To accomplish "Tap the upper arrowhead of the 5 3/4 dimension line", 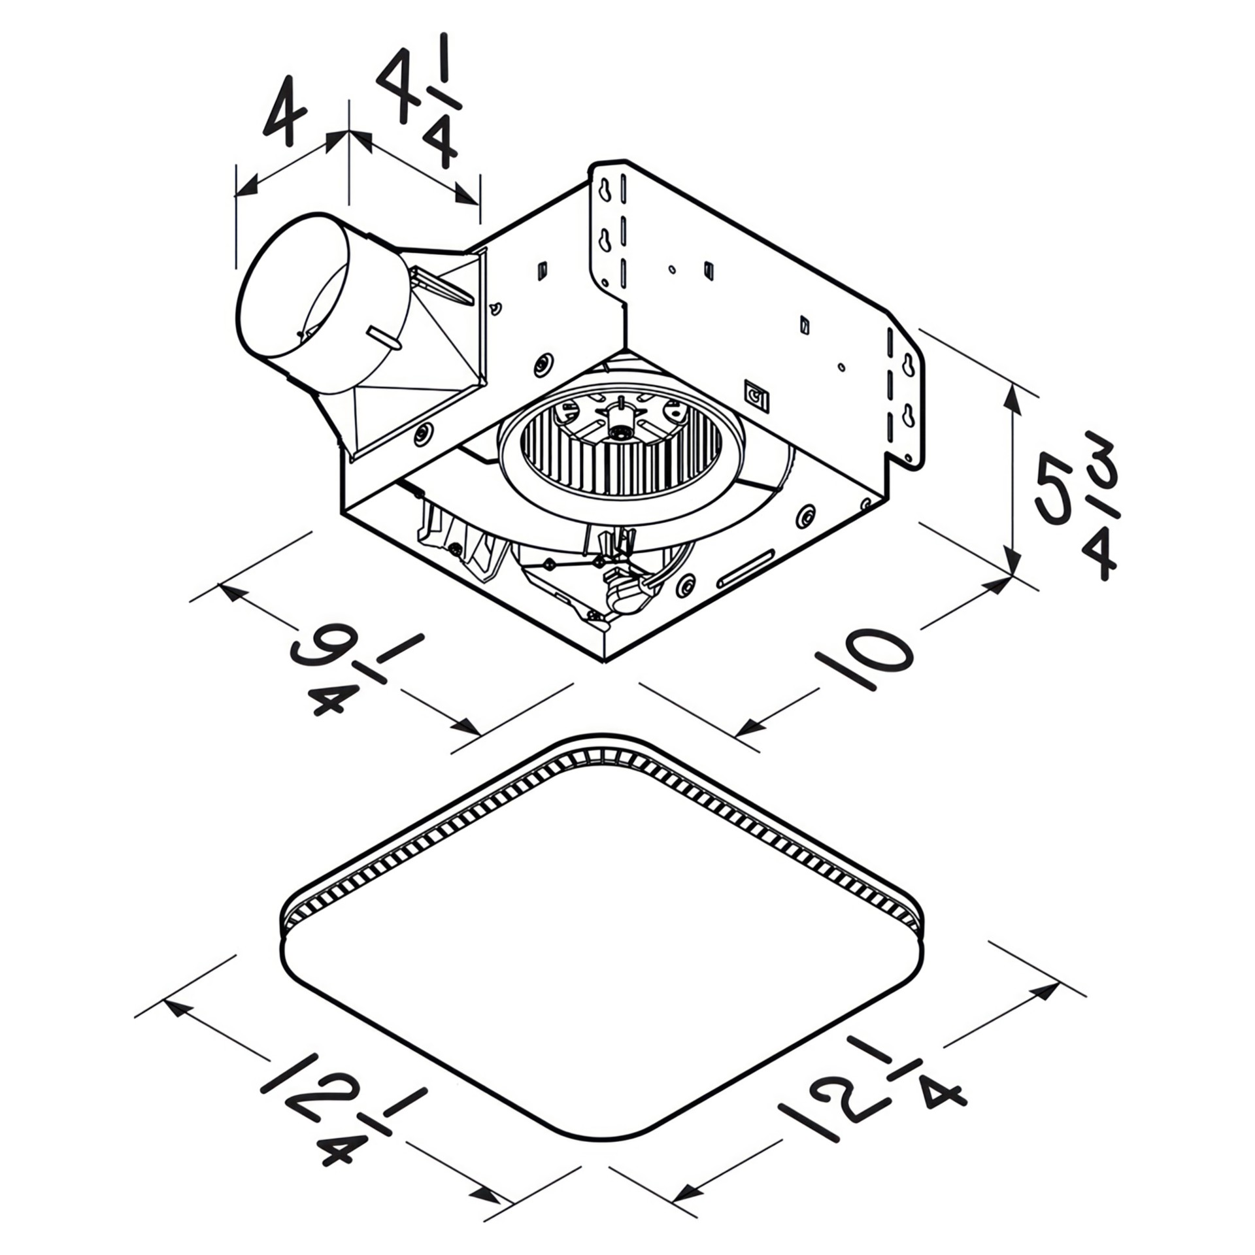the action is click(1014, 399).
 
